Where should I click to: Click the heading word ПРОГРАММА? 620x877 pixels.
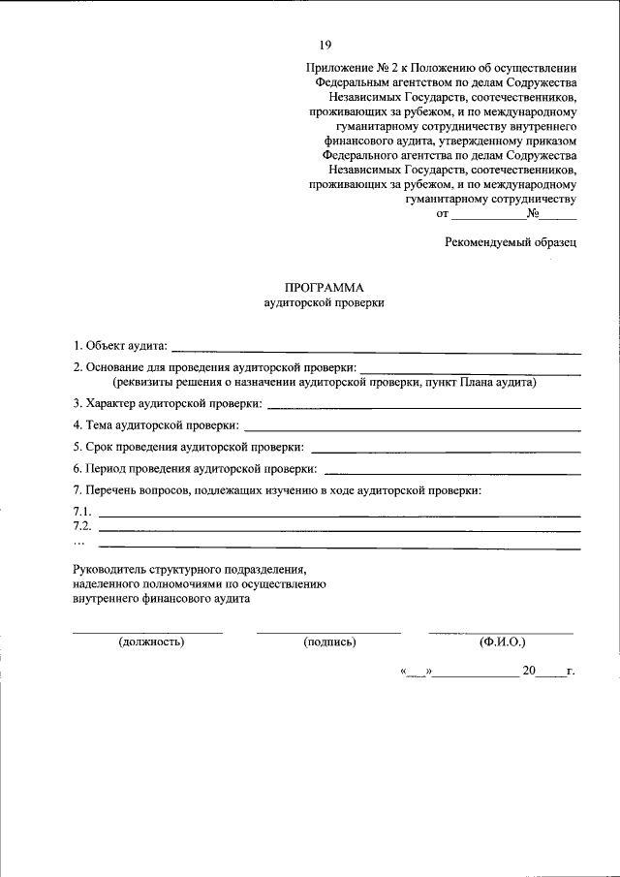(325, 288)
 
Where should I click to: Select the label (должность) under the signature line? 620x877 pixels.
(151, 642)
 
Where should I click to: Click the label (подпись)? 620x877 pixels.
(329, 642)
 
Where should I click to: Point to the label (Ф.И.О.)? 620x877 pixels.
(501, 642)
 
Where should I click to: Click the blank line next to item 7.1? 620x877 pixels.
(339, 516)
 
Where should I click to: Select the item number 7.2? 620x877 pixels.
(82, 526)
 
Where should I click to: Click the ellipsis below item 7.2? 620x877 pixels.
(79, 542)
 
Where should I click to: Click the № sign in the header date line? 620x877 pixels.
(533, 214)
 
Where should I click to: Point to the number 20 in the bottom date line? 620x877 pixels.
(529, 670)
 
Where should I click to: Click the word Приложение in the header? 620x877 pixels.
(336, 69)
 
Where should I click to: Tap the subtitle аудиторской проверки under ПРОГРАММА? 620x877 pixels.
(325, 303)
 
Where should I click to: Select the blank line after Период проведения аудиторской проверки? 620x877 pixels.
(453, 472)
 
